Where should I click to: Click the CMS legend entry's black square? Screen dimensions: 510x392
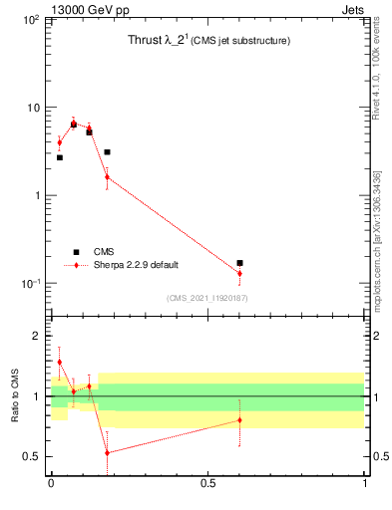76,252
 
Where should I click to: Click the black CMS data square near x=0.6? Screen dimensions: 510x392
239,263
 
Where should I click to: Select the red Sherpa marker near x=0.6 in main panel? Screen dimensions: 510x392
239,273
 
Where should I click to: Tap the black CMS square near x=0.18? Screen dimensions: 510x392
107,152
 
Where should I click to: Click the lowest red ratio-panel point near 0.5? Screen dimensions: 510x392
107,452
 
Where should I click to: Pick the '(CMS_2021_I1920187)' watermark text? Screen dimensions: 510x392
207,298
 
